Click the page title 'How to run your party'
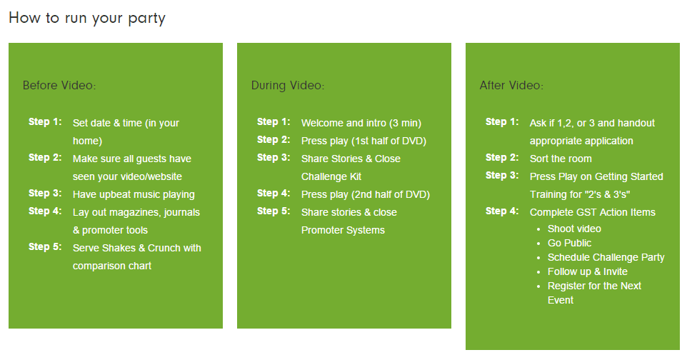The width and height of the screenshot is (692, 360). (x=87, y=19)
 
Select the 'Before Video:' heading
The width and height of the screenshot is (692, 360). (x=59, y=85)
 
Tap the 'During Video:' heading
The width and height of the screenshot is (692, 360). (x=288, y=85)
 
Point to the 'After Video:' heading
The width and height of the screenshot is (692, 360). (x=511, y=85)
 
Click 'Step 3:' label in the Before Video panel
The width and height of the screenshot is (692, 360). (x=45, y=194)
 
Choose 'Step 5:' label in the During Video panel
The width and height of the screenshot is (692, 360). (x=274, y=211)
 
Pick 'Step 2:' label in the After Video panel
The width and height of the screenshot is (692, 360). (x=502, y=157)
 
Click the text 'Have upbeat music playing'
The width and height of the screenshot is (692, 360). (x=134, y=194)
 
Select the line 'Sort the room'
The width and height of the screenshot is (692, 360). (x=561, y=159)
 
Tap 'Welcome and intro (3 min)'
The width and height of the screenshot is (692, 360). (x=361, y=123)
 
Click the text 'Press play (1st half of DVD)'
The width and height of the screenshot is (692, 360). (x=363, y=141)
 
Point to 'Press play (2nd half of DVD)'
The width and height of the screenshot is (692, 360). (x=366, y=194)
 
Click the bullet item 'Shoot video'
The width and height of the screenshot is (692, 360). (x=574, y=229)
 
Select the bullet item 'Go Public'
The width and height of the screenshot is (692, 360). (x=569, y=243)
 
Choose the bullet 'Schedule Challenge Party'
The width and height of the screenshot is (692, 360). (x=606, y=257)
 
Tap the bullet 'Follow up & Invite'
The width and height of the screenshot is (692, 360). (x=588, y=271)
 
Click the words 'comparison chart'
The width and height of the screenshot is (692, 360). (x=112, y=266)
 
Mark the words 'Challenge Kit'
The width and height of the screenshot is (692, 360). (x=331, y=177)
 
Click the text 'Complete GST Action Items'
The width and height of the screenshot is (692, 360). (x=593, y=213)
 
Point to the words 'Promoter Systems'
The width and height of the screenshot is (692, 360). (x=343, y=230)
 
